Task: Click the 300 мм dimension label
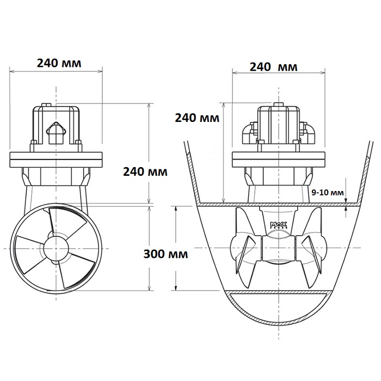165,254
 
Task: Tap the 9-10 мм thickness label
328,193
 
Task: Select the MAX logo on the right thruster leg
279,225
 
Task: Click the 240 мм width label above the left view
59,63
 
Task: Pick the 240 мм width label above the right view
274,67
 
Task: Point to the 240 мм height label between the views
145,172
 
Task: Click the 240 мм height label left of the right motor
197,118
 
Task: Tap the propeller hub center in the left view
56,248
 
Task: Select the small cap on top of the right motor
279,105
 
